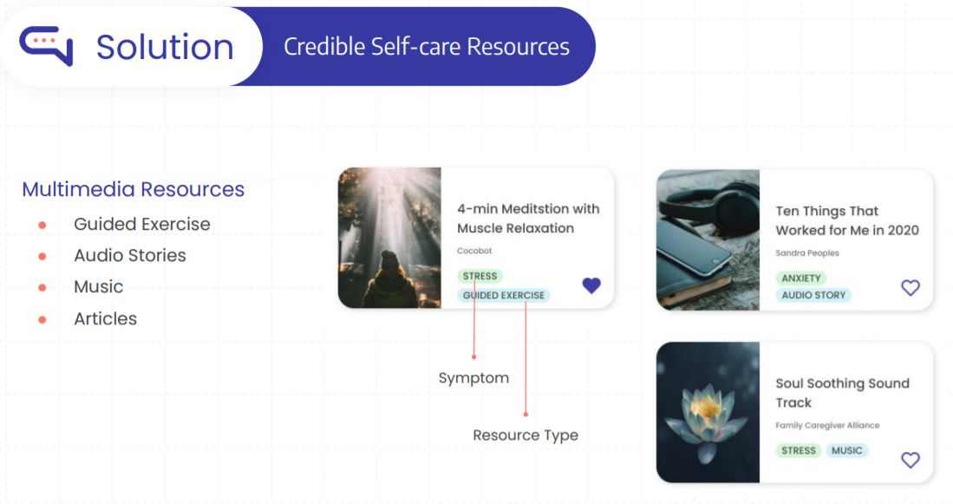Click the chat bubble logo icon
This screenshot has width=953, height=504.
pyautogui.click(x=46, y=45)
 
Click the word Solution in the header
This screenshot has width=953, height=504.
pyautogui.click(x=165, y=47)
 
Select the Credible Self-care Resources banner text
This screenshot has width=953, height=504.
pyautogui.click(x=427, y=47)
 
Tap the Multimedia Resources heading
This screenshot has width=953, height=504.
pyautogui.click(x=133, y=189)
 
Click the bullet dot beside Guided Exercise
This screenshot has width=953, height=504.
pyautogui.click(x=42, y=225)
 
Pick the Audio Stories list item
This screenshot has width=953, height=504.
pyautogui.click(x=130, y=255)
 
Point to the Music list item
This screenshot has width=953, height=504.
pyautogui.click(x=99, y=286)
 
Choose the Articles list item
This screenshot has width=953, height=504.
pyautogui.click(x=105, y=318)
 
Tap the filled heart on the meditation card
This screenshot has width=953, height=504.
pyautogui.click(x=591, y=285)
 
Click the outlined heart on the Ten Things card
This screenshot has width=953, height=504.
pyautogui.click(x=911, y=287)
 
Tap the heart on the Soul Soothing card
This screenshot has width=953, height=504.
pyautogui.click(x=911, y=460)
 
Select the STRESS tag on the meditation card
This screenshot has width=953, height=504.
pyautogui.click(x=480, y=276)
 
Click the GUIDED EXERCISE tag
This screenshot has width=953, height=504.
pyautogui.click(x=504, y=296)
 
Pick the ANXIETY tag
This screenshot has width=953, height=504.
pyautogui.click(x=801, y=278)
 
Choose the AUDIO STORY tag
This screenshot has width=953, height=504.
pyautogui.click(x=813, y=295)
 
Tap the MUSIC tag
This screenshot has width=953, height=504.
pyautogui.click(x=847, y=450)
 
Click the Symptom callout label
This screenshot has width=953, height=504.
pyautogui.click(x=474, y=378)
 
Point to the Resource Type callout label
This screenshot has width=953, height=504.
pyautogui.click(x=525, y=435)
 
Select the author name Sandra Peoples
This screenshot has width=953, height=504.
pyautogui.click(x=807, y=253)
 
